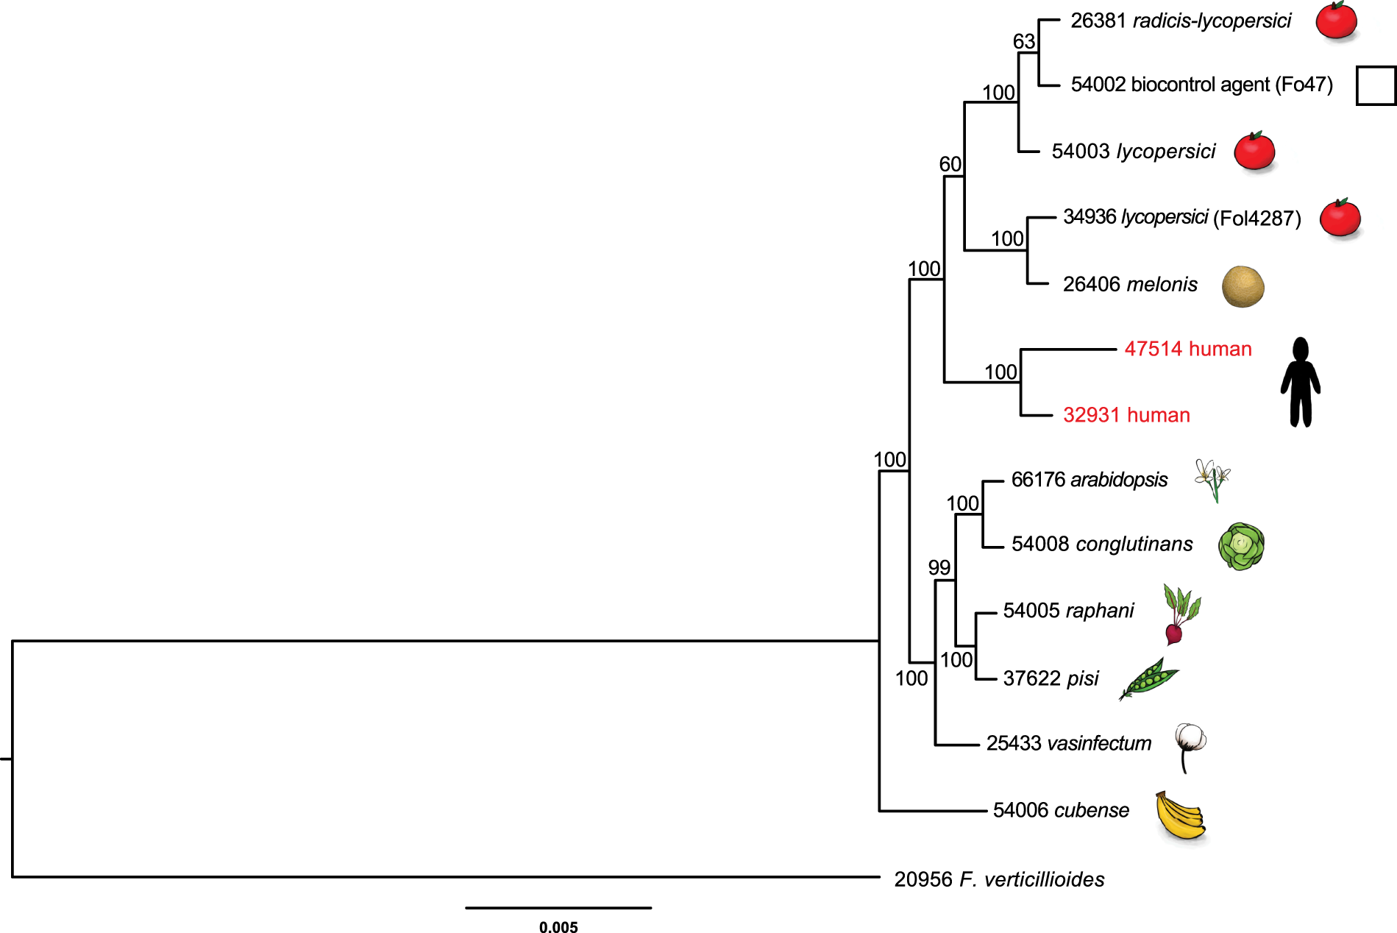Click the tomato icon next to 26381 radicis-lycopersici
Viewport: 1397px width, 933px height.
pyautogui.click(x=1336, y=21)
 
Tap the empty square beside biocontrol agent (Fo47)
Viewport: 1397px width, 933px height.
pyautogui.click(x=1375, y=85)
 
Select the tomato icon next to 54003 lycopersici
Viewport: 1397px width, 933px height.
pyautogui.click(x=1254, y=152)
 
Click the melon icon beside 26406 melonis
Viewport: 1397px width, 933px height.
pyautogui.click(x=1243, y=286)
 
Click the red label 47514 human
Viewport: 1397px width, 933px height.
pyautogui.click(x=1187, y=349)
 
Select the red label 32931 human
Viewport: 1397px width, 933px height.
pyautogui.click(x=1126, y=415)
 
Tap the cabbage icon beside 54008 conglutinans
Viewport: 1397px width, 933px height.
pyautogui.click(x=1241, y=546)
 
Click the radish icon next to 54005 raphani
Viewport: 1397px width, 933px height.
pyautogui.click(x=1179, y=614)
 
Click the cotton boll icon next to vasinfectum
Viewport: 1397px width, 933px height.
pyautogui.click(x=1189, y=743)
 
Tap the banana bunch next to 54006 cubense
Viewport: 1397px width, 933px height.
pyautogui.click(x=1179, y=815)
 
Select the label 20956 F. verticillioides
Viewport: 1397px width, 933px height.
pyautogui.click(x=998, y=879)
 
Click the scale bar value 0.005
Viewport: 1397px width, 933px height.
pyautogui.click(x=558, y=927)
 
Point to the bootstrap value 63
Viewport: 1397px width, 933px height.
pyautogui.click(x=1023, y=41)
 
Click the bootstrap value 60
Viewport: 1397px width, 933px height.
pyautogui.click(x=950, y=164)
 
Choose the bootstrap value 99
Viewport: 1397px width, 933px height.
pyautogui.click(x=939, y=567)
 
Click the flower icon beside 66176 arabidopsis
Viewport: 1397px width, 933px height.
pyautogui.click(x=1212, y=479)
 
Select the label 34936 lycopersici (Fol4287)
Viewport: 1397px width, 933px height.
pyautogui.click(x=1181, y=217)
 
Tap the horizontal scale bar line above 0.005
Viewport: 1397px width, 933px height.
pyautogui.click(x=558, y=908)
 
